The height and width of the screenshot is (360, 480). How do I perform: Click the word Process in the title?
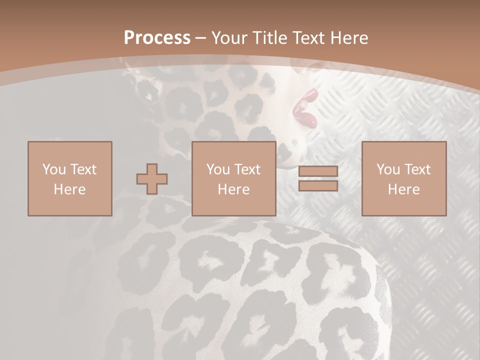pos(157,38)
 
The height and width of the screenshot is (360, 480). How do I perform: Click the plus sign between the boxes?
pos(152,179)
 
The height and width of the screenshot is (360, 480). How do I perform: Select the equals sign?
pos(318,178)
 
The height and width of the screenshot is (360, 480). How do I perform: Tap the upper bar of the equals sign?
pos(318,171)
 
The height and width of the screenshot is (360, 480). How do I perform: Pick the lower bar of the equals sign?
pos(318,186)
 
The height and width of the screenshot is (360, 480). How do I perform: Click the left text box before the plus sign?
pos(69,178)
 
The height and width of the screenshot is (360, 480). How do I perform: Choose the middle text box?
pos(233,178)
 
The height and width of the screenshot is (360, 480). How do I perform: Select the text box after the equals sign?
pos(403,178)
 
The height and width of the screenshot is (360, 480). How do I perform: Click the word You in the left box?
pos(53,169)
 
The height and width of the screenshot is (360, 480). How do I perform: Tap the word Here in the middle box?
pos(233,189)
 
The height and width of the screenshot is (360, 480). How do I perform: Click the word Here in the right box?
pos(403,189)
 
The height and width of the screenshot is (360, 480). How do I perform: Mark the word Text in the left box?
pos(83,169)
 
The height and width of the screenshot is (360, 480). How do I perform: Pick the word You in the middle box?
pos(217,169)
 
